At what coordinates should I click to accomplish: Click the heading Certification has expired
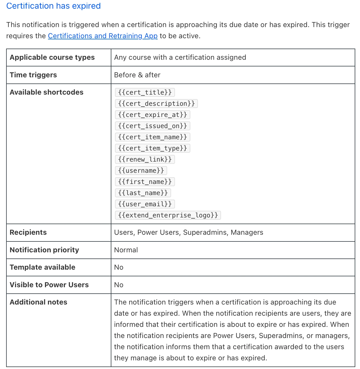click(x=53, y=6)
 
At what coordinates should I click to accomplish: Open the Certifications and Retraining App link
click(x=103, y=36)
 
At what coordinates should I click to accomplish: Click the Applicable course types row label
click(x=52, y=57)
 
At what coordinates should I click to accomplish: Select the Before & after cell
click(x=137, y=75)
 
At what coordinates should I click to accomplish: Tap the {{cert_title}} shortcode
click(x=145, y=92)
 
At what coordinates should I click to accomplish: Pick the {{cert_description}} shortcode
click(x=156, y=104)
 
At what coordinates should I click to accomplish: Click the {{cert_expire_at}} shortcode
click(x=152, y=115)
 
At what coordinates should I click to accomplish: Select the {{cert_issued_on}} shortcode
click(x=152, y=126)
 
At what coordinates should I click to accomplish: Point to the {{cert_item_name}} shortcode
click(x=152, y=137)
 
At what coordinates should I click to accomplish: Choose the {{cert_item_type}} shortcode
click(x=152, y=148)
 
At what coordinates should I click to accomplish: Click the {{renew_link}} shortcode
click(x=145, y=159)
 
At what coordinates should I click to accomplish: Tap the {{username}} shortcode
click(x=141, y=171)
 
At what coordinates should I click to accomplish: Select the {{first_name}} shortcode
click(x=145, y=182)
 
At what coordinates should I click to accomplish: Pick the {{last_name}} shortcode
click(x=143, y=193)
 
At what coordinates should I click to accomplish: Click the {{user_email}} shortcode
click(x=145, y=204)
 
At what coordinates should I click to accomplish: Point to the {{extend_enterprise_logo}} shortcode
click(x=168, y=215)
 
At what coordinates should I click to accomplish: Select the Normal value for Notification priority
click(x=126, y=250)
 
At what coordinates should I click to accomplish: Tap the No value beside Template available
click(x=119, y=267)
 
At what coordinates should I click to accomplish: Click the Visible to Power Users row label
click(x=49, y=285)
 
